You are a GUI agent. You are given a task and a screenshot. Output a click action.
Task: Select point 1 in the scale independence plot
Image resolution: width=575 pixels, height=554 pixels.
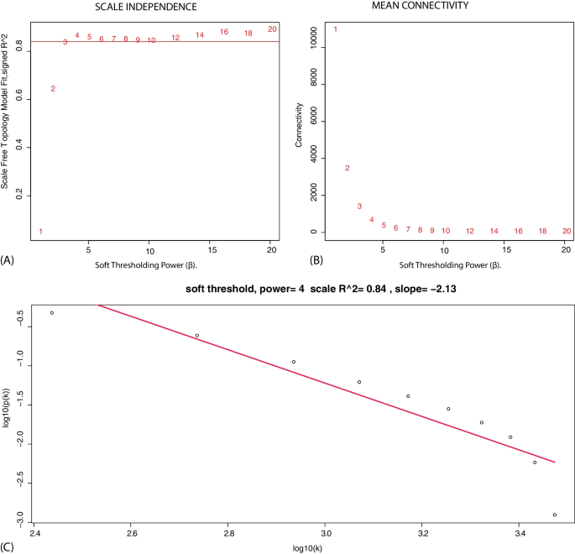coord(40,232)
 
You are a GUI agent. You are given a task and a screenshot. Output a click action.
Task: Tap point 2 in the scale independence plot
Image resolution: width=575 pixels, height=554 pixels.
coord(53,89)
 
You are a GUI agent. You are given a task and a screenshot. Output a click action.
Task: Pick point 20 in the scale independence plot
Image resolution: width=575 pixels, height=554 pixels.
coord(272,29)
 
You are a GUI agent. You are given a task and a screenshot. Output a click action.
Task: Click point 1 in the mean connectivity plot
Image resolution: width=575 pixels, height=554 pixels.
coord(335,29)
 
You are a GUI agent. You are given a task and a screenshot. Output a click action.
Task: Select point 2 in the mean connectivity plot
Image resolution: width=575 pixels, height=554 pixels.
coord(347,168)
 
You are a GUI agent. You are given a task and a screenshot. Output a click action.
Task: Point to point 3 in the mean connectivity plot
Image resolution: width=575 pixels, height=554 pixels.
coord(359,206)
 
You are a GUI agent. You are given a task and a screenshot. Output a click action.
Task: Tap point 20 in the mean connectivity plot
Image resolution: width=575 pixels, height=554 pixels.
coord(567,231)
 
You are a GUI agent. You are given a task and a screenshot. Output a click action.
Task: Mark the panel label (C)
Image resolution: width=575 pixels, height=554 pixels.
coord(8,548)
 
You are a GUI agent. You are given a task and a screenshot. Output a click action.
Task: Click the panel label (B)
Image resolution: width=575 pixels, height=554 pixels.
coord(316,261)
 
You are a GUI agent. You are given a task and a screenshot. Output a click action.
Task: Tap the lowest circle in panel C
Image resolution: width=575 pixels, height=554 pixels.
coord(555,515)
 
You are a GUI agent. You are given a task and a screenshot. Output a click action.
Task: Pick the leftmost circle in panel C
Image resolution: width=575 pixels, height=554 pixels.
coord(52,313)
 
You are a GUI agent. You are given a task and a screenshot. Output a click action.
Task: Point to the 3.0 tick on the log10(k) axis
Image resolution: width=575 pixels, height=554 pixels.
coord(326,533)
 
